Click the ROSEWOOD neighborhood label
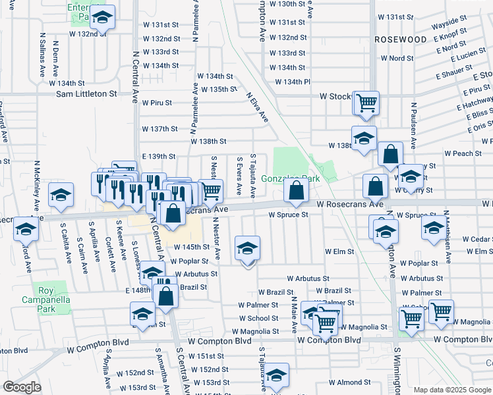point(400,39)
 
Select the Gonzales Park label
point(290,179)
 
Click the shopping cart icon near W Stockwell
point(366,102)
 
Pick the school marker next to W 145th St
point(247,248)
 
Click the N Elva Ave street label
point(258,107)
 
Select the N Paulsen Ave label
point(413,124)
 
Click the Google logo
point(22,387)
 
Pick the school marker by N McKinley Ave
point(61,196)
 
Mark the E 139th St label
point(159,157)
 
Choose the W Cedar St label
point(477,239)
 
